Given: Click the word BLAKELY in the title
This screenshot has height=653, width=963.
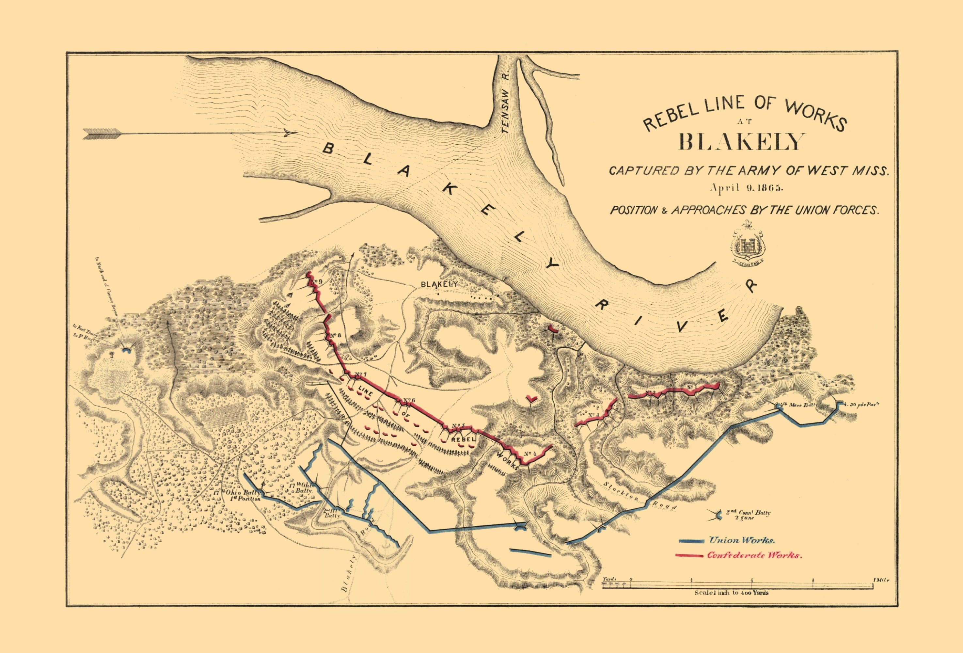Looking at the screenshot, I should coord(741,141).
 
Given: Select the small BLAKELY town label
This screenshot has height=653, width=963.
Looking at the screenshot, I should coord(439,284).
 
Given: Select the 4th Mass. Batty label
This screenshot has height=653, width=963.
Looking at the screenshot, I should coord(798,405).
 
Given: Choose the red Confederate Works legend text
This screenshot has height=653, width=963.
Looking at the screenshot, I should coord(754,555).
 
